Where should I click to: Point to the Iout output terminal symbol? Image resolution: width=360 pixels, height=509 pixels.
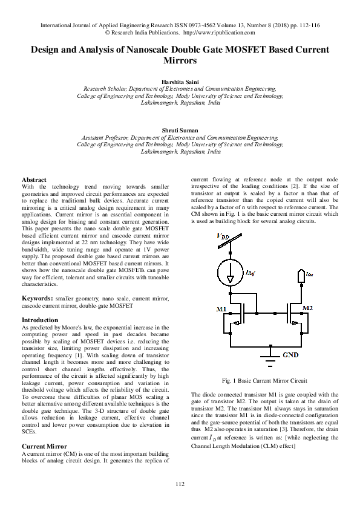tap(300, 276)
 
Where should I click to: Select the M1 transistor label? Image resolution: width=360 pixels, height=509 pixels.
tap(221, 309)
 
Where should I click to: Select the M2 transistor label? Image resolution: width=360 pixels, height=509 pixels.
tap(308, 308)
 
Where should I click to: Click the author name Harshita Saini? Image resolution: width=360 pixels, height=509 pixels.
tap(180, 80)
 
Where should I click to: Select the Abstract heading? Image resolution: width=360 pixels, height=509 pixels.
tap(34, 180)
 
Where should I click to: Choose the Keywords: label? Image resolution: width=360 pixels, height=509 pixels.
tap(37, 299)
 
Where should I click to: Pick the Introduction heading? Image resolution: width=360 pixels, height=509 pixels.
tap(40, 320)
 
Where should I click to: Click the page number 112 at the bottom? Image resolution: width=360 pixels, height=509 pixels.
tap(180, 484)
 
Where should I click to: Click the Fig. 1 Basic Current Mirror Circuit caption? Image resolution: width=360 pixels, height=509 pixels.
tap(265, 381)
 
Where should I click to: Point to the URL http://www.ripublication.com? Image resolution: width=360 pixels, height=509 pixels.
tap(217, 33)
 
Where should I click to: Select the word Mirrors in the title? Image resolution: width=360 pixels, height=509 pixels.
tap(180, 61)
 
